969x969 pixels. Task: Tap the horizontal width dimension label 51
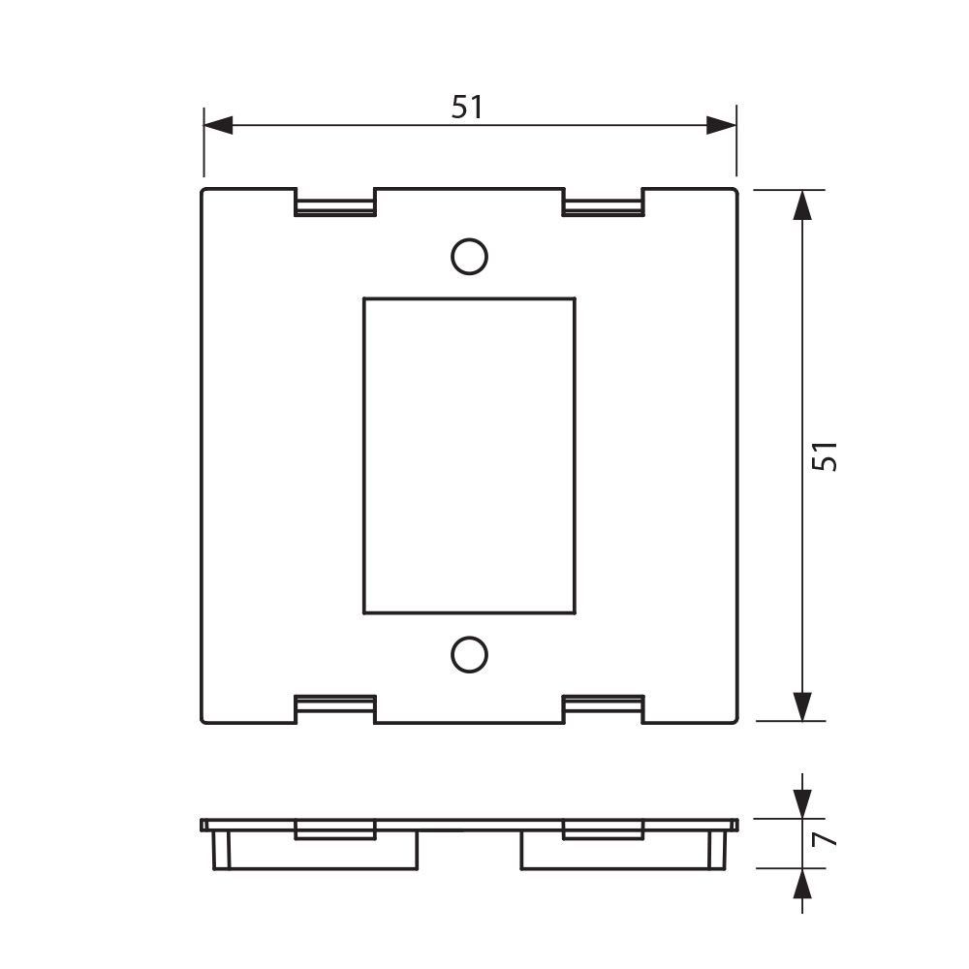467,107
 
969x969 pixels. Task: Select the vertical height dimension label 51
825,456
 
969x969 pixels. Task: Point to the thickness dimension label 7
825,838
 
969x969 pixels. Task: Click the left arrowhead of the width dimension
218,125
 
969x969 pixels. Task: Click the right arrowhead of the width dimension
721,125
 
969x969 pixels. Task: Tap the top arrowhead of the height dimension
802,204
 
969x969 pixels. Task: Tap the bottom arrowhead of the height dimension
802,706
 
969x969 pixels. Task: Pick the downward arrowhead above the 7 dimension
802,804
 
